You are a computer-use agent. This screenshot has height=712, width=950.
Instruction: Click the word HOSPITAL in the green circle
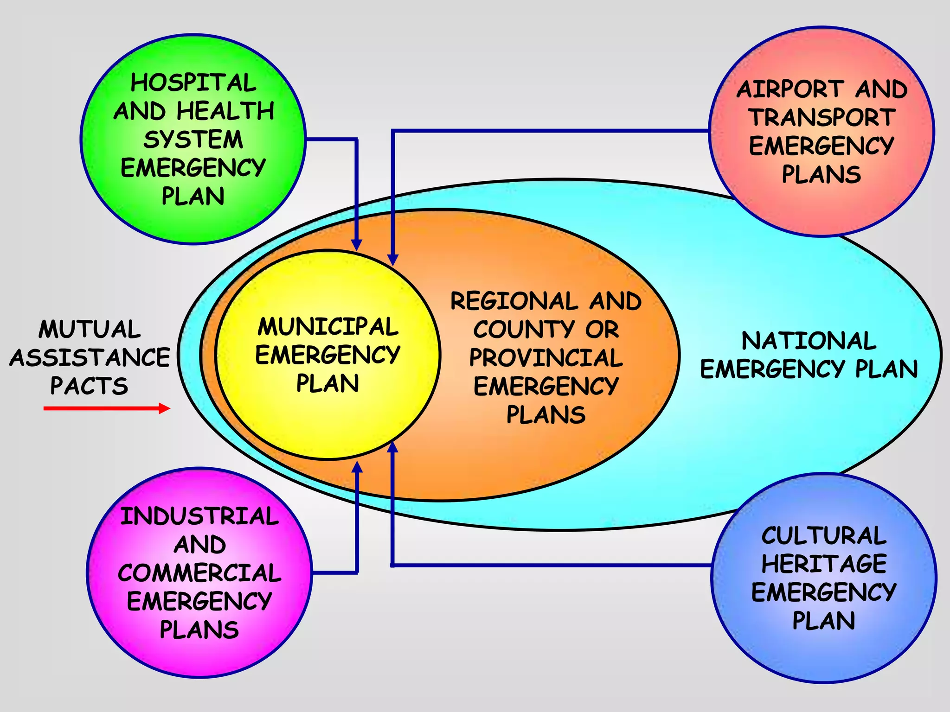(x=193, y=83)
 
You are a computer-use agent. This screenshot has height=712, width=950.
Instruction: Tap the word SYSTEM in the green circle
(x=193, y=140)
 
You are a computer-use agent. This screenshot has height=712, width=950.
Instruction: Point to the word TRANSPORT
(x=822, y=117)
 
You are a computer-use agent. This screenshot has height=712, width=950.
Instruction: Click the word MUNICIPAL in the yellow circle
(x=328, y=327)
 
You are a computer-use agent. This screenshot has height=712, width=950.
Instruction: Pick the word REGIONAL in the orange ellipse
(x=514, y=301)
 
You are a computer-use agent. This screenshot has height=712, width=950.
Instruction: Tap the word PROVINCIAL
(x=546, y=358)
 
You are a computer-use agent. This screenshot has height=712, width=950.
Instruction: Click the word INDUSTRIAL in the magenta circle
(x=199, y=516)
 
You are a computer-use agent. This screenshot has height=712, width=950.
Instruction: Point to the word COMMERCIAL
(x=199, y=573)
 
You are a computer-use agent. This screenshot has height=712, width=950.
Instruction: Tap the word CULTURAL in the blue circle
(x=824, y=536)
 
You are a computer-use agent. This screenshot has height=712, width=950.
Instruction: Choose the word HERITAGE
(x=824, y=564)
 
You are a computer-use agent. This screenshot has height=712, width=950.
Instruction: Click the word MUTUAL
(x=90, y=330)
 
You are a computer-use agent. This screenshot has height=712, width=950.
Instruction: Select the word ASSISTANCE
(x=90, y=358)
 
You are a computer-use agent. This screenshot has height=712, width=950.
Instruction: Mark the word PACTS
(x=89, y=386)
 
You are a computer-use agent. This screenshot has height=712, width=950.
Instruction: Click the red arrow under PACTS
(x=107, y=408)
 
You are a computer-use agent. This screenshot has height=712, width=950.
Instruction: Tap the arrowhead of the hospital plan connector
(x=356, y=245)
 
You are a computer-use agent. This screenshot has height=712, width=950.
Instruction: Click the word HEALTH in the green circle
(x=225, y=112)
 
